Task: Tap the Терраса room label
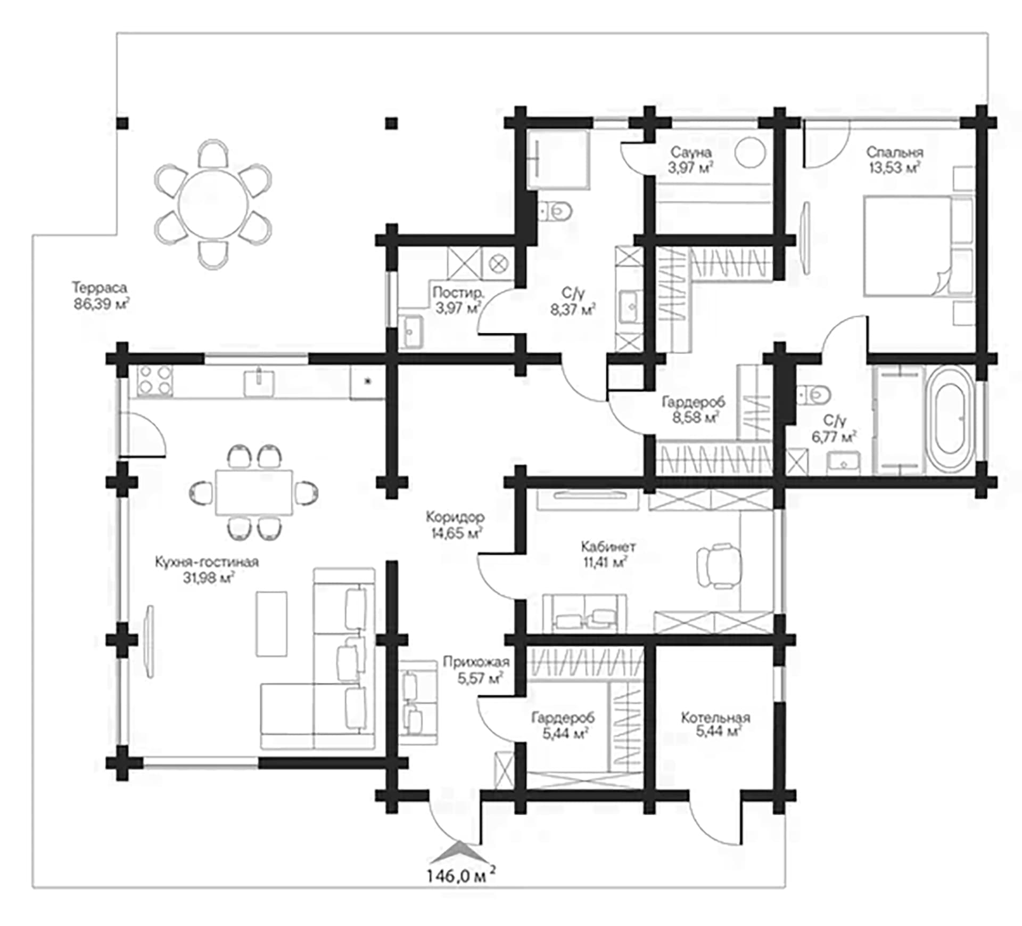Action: [100, 288]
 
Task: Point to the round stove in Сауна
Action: [751, 152]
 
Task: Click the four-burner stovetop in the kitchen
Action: [154, 381]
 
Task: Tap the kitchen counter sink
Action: [259, 383]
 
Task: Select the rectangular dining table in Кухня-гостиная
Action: [254, 492]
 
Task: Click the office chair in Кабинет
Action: [719, 565]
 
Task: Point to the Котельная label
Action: [715, 718]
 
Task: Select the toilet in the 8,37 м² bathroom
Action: [555, 212]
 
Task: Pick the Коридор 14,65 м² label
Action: [455, 524]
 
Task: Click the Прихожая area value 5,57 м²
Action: [480, 678]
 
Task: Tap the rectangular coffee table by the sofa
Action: [271, 623]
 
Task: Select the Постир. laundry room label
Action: [458, 292]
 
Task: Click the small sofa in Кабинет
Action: [584, 613]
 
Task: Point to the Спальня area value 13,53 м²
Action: [894, 168]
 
